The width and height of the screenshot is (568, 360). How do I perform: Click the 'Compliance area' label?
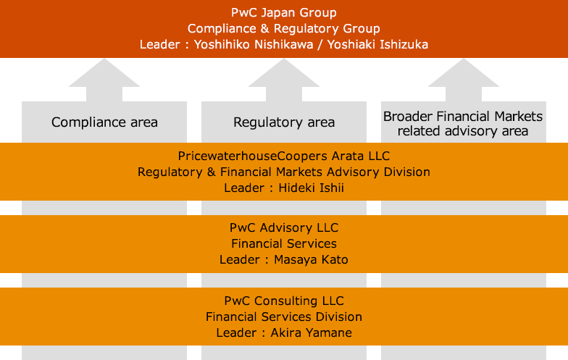point(104,122)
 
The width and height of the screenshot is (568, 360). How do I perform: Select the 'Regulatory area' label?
point(284,122)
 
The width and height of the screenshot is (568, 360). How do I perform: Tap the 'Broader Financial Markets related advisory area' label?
point(463,123)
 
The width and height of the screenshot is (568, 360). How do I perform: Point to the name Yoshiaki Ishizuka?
point(377,44)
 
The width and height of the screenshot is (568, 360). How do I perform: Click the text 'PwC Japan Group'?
point(284,13)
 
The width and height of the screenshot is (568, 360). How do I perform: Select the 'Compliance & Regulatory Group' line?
point(284,28)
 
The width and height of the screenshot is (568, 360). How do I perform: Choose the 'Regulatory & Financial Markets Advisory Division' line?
point(284,172)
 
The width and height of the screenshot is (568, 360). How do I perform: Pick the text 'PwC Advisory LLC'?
point(284,228)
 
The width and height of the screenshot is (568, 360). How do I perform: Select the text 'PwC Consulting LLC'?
point(284,301)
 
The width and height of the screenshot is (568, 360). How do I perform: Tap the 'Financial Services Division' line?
point(284,317)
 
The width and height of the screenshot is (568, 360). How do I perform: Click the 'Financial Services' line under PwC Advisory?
point(284,243)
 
